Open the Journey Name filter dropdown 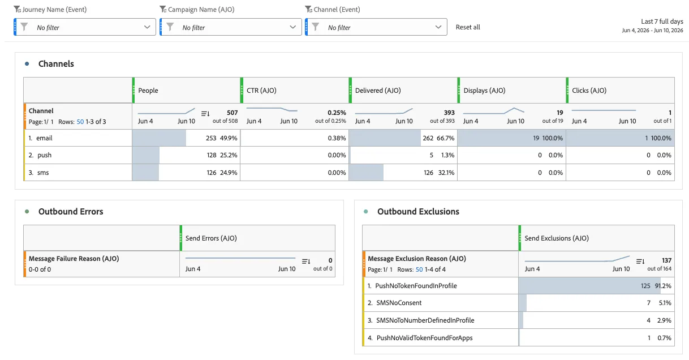(x=85, y=27)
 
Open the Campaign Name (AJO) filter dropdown (x=231, y=27)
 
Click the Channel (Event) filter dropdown (x=376, y=27)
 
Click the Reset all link (x=468, y=27)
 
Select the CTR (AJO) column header (x=261, y=91)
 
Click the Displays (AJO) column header (x=484, y=91)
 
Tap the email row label (x=44, y=138)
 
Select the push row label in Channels (x=44, y=155)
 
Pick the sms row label (x=43, y=173)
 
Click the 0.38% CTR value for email (x=337, y=138)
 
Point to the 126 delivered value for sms (x=428, y=173)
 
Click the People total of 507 (x=232, y=113)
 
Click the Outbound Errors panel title (x=71, y=211)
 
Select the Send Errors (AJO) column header (x=211, y=238)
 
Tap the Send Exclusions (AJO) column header (x=557, y=238)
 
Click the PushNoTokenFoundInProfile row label (x=416, y=286)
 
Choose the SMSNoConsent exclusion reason (x=399, y=303)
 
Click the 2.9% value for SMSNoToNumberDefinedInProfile (x=664, y=320)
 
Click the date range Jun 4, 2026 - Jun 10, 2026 (x=652, y=30)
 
